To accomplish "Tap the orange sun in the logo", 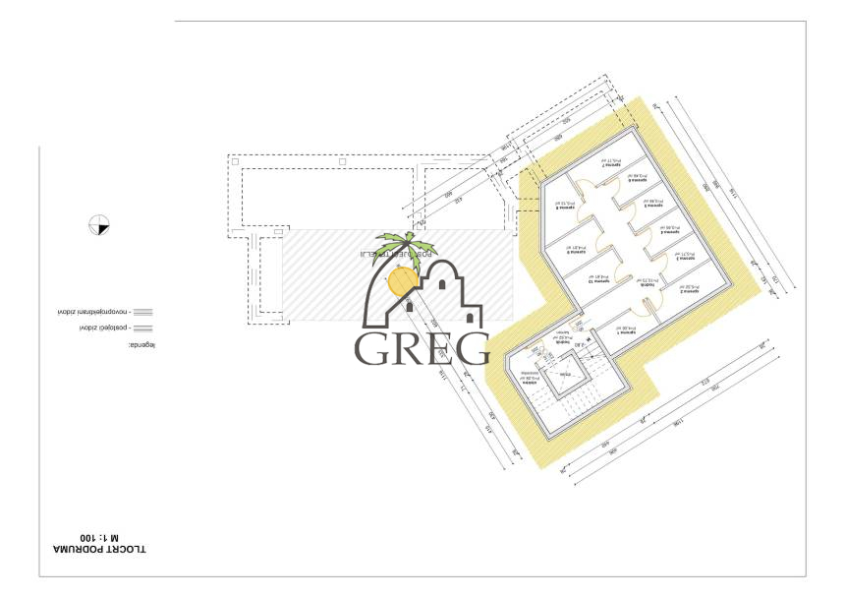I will coord(401,282).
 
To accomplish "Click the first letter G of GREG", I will coord(372,347).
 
